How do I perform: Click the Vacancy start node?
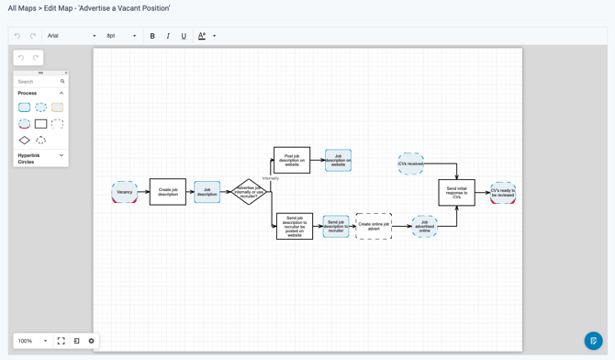click(x=125, y=192)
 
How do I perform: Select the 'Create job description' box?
click(x=168, y=192)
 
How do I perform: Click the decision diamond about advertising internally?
click(x=248, y=192)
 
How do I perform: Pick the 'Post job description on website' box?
click(x=292, y=160)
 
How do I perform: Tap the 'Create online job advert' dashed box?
click(x=374, y=226)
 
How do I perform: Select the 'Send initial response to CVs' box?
click(x=456, y=192)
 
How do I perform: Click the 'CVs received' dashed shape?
click(x=410, y=163)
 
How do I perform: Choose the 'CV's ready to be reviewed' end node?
click(x=503, y=193)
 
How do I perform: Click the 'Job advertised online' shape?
click(x=424, y=226)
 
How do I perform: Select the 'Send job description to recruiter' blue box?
click(x=336, y=226)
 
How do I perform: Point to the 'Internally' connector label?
click(x=271, y=178)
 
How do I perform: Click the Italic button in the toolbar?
click(x=168, y=37)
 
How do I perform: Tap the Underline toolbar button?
click(x=184, y=37)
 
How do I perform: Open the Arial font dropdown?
click(x=72, y=37)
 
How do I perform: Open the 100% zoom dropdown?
click(x=32, y=341)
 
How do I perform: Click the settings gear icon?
click(x=91, y=341)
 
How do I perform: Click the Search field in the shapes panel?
click(x=38, y=82)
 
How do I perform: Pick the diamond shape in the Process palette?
click(x=25, y=141)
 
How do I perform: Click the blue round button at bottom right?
click(x=593, y=341)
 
